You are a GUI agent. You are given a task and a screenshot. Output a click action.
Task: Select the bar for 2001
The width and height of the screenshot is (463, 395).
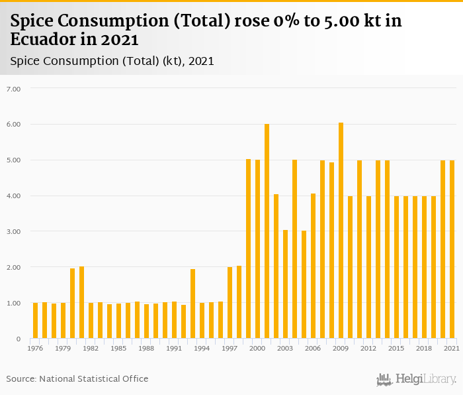tap(267, 231)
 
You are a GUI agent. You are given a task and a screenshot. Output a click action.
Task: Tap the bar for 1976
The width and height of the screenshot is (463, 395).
tap(35, 321)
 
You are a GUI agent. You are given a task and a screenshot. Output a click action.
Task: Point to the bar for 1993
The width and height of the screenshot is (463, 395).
tap(192, 304)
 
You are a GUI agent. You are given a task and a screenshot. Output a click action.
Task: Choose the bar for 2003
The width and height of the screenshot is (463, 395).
tap(285, 284)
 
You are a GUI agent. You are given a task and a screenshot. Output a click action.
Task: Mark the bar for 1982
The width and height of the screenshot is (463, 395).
tap(91, 321)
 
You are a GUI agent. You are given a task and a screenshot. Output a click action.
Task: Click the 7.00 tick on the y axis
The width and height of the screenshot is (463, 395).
tap(13, 88)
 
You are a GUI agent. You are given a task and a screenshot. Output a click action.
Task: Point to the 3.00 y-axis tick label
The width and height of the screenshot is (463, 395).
tap(13, 231)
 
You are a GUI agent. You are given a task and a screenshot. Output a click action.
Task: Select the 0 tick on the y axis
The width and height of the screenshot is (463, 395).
tap(19, 339)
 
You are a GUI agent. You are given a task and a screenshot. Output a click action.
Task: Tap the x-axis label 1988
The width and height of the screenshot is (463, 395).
tap(146, 348)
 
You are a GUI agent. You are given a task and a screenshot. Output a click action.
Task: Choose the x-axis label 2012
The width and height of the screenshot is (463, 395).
tap(368, 348)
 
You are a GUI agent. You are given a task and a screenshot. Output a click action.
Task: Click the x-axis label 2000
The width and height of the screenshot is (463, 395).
tap(257, 348)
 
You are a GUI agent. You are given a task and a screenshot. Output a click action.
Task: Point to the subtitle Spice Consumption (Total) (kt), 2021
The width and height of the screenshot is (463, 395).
tap(112, 61)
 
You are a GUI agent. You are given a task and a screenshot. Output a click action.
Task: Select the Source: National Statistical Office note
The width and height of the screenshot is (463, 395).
tap(77, 378)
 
